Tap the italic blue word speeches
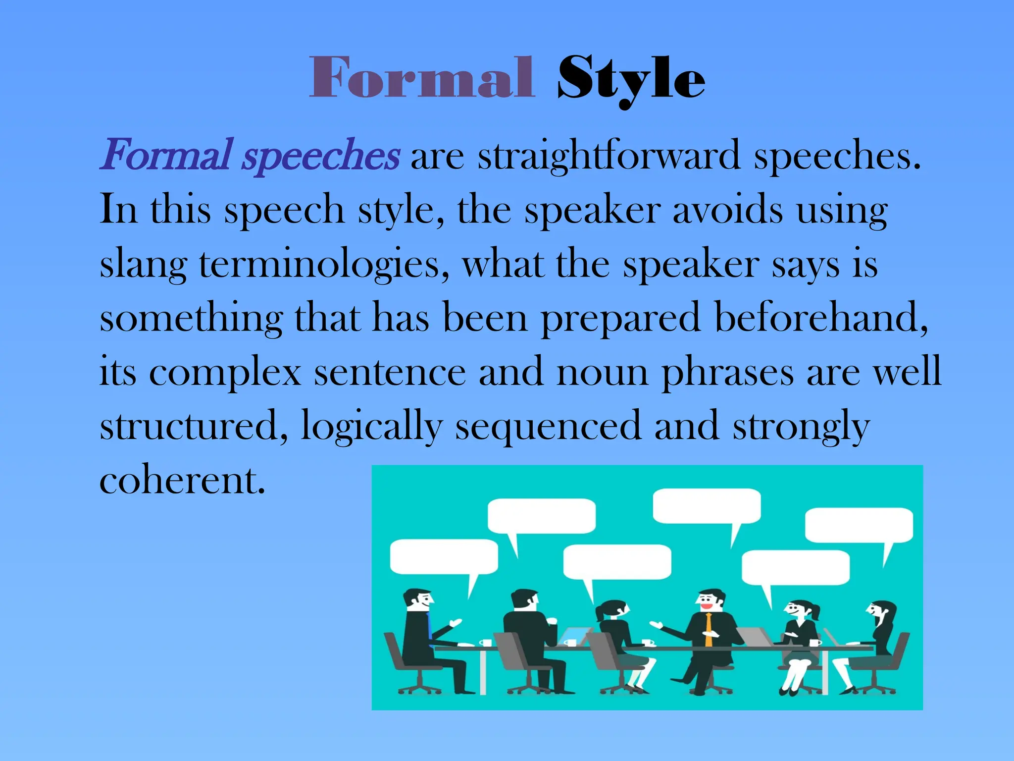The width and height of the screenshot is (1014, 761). pyautogui.click(x=321, y=156)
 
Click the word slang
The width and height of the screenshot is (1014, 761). pyautogui.click(x=143, y=265)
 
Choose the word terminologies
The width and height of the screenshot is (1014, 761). pyautogui.click(x=324, y=265)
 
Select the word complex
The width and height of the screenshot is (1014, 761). pyautogui.click(x=225, y=373)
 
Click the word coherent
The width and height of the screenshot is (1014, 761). pyautogui.click(x=182, y=481)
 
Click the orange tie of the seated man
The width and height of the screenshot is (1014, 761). pyautogui.click(x=709, y=629)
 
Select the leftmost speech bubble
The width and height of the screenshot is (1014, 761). pyautogui.click(x=444, y=557)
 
